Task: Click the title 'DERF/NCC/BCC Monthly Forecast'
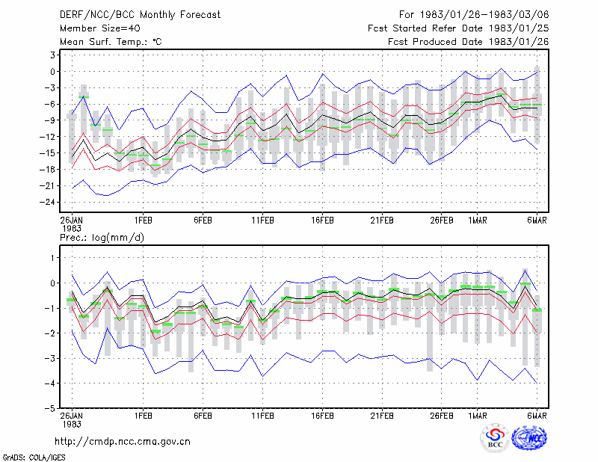[140, 15]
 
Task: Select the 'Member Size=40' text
[100, 28]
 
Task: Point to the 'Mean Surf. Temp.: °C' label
[111, 42]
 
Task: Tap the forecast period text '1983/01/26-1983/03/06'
[484, 15]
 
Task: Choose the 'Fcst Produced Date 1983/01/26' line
[469, 42]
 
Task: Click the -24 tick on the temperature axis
[47, 202]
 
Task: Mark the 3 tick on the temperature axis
[52, 55]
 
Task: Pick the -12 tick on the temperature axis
[47, 137]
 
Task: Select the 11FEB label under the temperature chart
[262, 220]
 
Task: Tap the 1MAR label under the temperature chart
[478, 220]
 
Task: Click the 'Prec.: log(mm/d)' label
[102, 238]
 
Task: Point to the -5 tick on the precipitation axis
[51, 408]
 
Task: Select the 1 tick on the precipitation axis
[52, 258]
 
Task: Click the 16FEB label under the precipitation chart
[322, 416]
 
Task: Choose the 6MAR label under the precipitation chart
[537, 416]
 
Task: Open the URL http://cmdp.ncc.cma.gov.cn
[123, 442]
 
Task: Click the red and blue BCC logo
[495, 440]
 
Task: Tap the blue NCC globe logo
[529, 439]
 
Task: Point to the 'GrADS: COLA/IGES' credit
[34, 458]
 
